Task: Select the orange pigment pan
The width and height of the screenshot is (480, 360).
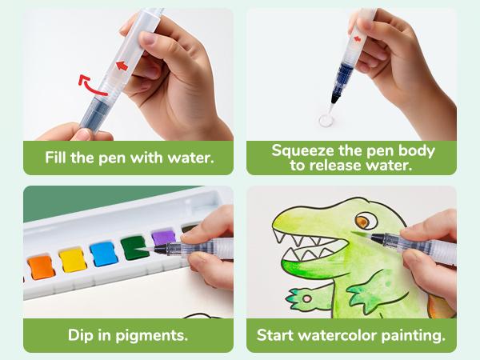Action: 39,264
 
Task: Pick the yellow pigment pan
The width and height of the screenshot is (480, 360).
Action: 72,258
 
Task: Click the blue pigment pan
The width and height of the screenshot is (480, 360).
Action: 104,254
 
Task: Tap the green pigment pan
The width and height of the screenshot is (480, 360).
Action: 134,248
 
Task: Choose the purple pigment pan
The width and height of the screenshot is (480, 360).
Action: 163,241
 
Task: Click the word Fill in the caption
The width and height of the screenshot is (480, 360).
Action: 59,157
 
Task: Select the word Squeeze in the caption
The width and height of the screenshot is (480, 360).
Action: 306,150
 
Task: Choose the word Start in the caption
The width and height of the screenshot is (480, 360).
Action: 276,334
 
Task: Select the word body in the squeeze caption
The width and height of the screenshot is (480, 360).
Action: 413,150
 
